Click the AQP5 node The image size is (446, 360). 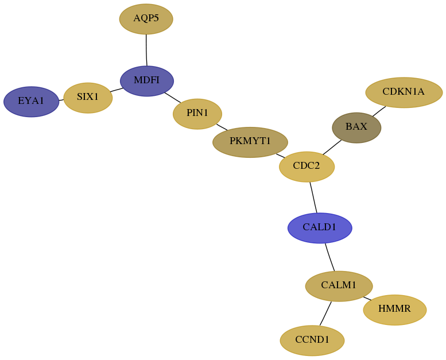tap(146, 19)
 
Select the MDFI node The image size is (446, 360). tap(147, 81)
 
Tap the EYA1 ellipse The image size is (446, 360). tap(32, 102)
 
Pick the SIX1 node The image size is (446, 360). tap(88, 98)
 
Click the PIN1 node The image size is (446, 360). tap(197, 114)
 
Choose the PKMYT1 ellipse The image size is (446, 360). tap(250, 142)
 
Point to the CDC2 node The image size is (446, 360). tap(307, 167)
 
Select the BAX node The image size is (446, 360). tap(356, 128)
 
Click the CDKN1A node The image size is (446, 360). tap(404, 92)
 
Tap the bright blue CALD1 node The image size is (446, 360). tap(320, 228)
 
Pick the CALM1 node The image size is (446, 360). tap(339, 286)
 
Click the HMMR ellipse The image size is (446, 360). tap(395, 310)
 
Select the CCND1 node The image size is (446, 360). tap(312, 340)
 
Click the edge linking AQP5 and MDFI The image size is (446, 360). tap(146, 50)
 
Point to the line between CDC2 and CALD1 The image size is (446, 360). tap(313, 197)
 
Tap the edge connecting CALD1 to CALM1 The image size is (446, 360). tap(329, 257)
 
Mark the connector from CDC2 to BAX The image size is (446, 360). tap(332, 148)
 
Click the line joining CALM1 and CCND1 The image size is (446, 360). tap(325, 313)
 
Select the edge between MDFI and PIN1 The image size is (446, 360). tap(173, 98)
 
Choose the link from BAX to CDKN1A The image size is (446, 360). tap(379, 111)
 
